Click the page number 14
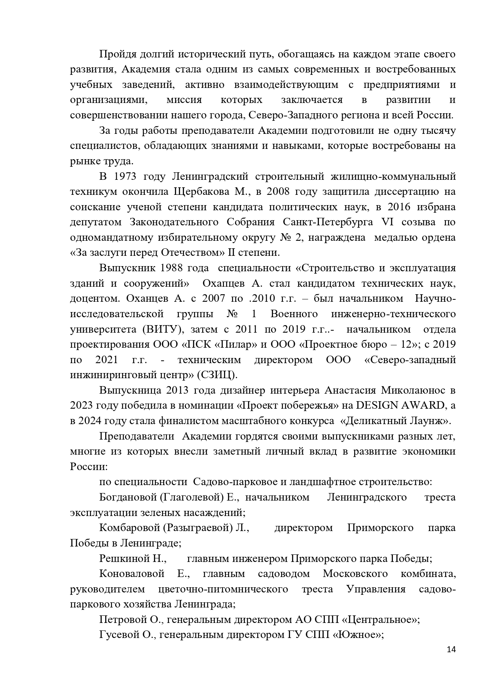coord(451,660)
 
